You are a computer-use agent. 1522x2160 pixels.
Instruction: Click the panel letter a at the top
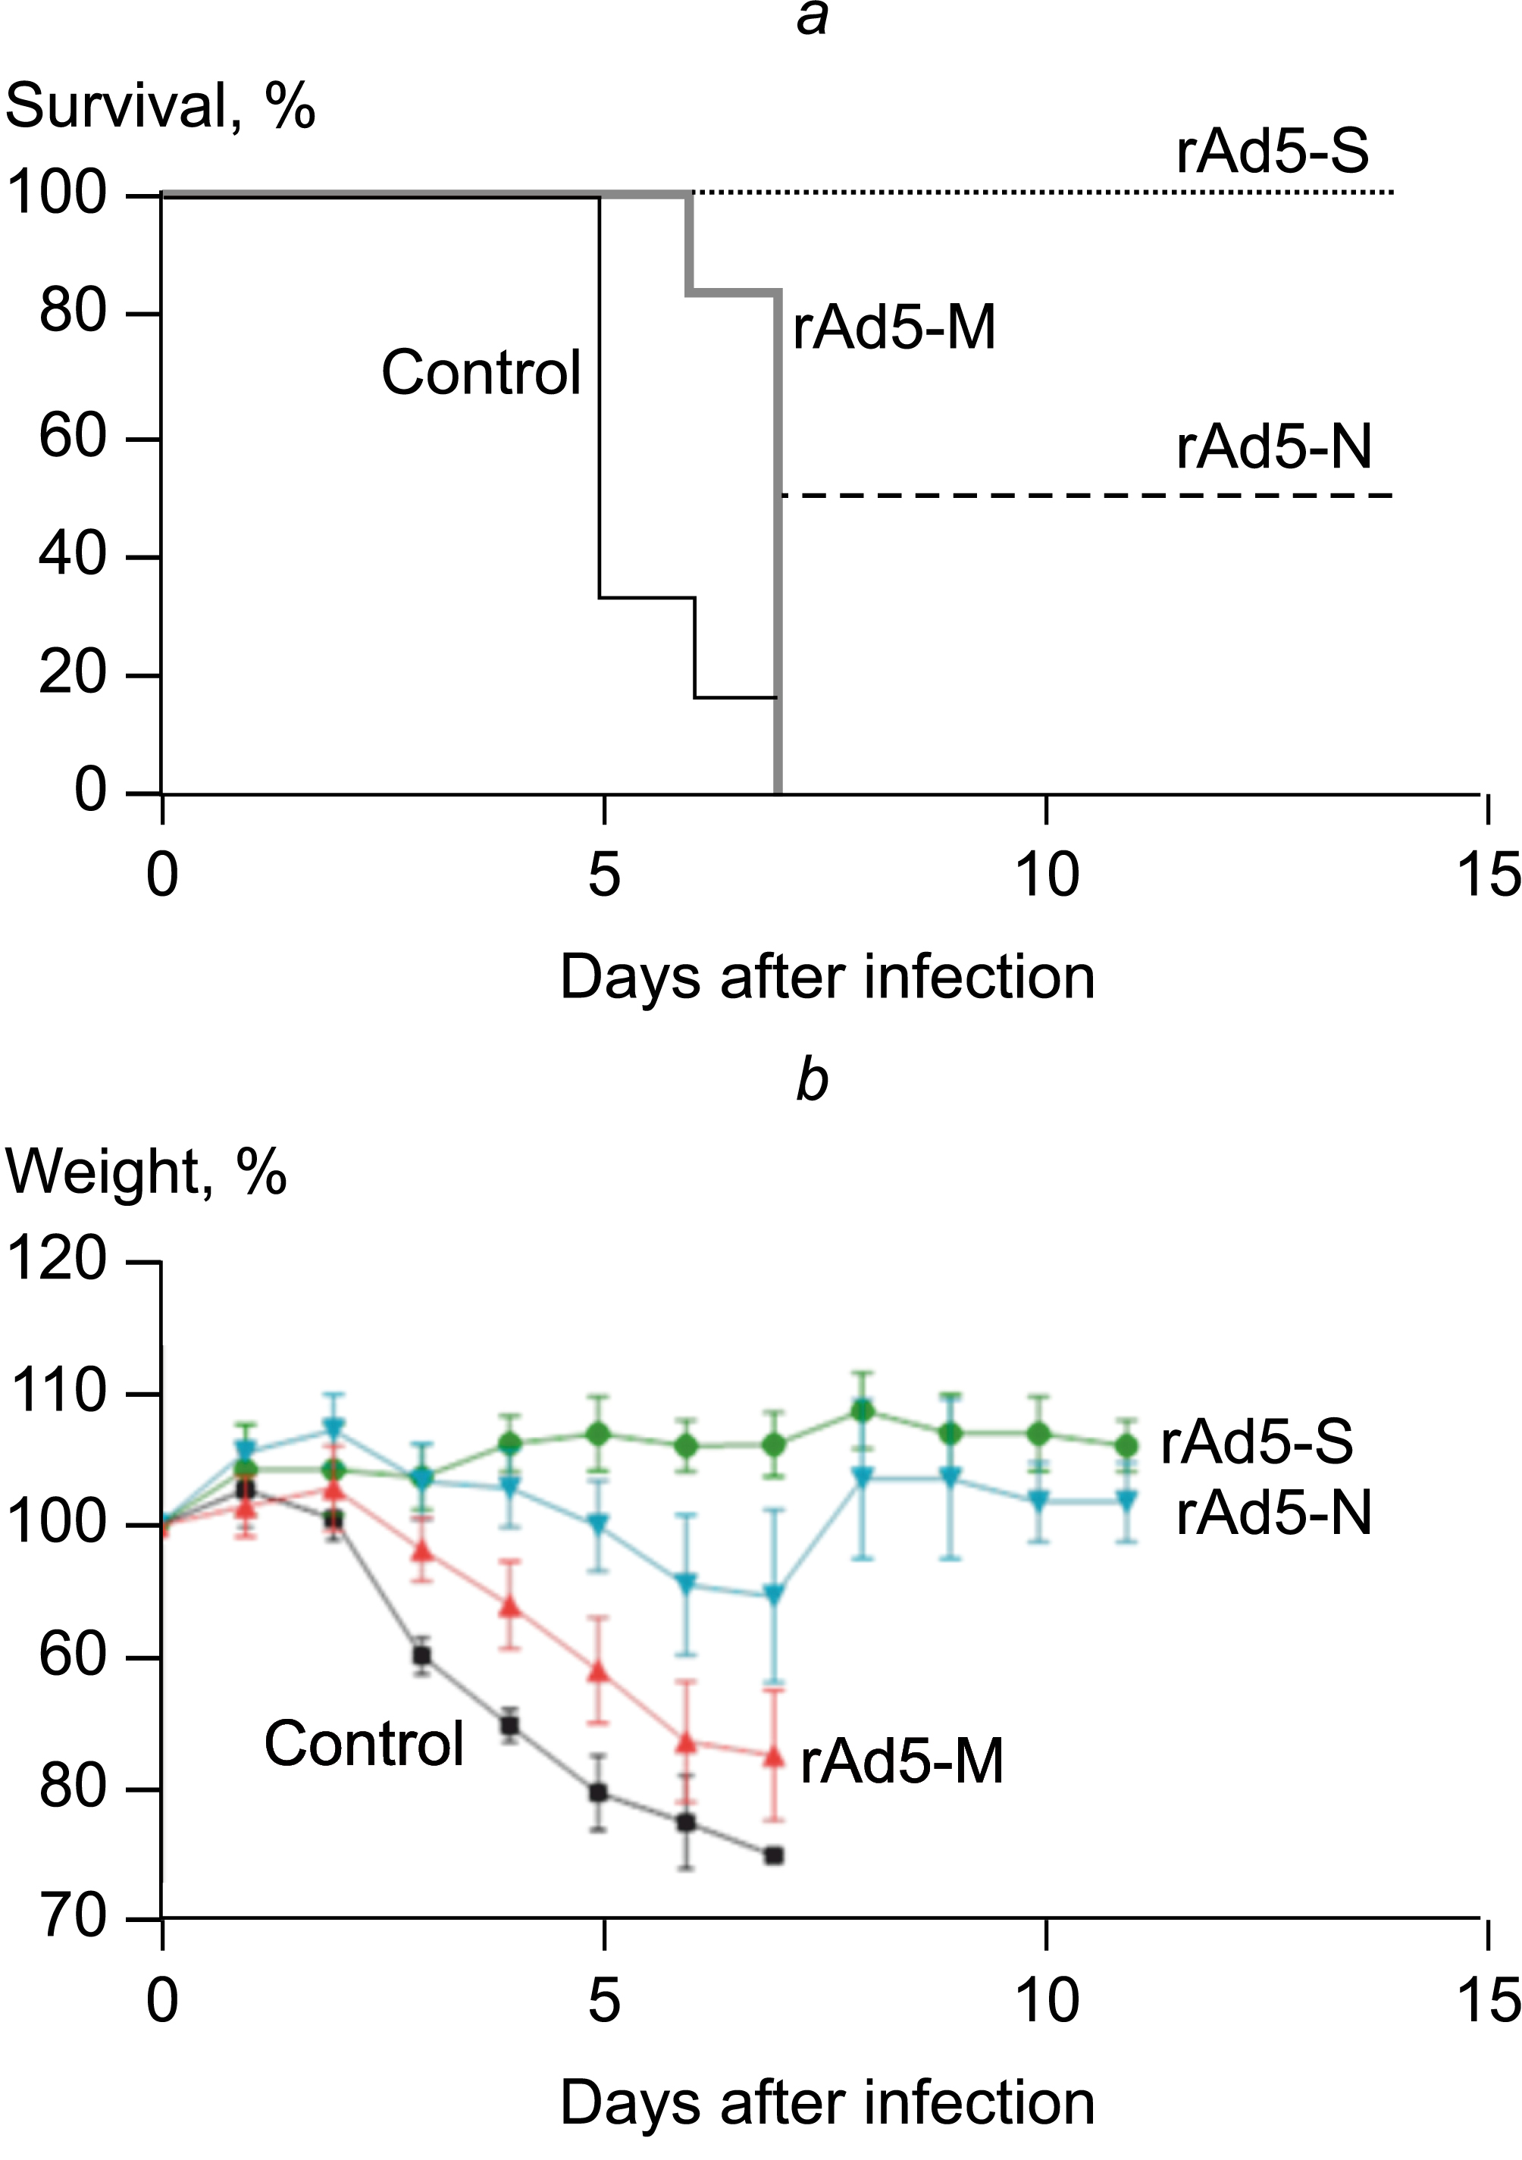tap(813, 19)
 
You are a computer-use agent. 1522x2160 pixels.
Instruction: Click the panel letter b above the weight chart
tap(812, 1080)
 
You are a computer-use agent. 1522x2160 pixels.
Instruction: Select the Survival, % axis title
tap(160, 105)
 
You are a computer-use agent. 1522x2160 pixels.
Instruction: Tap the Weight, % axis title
tap(146, 1172)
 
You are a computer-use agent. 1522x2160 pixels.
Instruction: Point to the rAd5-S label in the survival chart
tap(1272, 151)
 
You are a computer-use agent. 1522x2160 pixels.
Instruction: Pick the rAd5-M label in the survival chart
tap(894, 328)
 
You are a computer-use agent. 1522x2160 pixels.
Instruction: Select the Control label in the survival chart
tap(481, 373)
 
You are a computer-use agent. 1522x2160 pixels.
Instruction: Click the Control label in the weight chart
tap(364, 1743)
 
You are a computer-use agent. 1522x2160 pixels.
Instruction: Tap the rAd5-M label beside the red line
tap(901, 1761)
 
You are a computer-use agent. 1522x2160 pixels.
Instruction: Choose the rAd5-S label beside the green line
tap(1257, 1442)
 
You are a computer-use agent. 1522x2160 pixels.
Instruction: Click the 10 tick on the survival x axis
tap(1047, 875)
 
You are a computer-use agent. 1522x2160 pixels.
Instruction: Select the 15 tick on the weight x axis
tap(1488, 2001)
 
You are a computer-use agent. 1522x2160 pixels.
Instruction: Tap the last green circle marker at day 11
tap(1126, 1446)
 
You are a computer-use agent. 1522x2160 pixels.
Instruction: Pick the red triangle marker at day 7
tap(773, 1755)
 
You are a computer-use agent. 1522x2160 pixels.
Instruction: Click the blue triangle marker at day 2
tap(334, 1427)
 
